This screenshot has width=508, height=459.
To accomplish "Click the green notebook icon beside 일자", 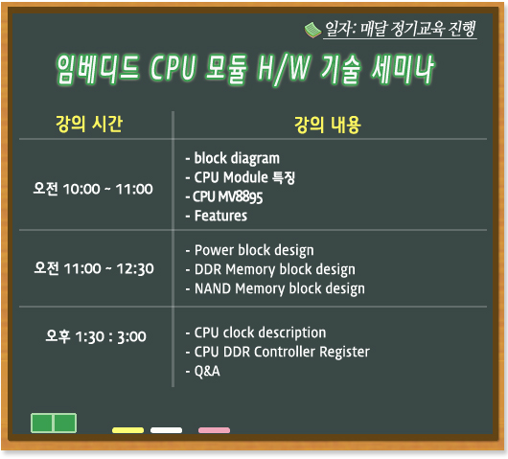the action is tap(313, 30).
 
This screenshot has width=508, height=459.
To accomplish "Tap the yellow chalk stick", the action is tap(127, 430).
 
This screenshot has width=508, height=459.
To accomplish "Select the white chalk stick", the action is tap(166, 430).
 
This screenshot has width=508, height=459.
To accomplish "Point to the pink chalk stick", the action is tap(214, 430).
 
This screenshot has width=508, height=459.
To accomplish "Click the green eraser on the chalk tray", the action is tap(54, 423).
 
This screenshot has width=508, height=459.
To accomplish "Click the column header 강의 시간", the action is tap(89, 124).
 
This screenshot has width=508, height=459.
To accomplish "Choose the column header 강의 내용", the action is tap(327, 125).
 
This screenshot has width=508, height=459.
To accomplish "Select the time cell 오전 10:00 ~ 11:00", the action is tap(93, 189).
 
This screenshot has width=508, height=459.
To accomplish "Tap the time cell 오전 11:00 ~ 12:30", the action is tap(94, 268).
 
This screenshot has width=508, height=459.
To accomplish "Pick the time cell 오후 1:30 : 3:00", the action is tap(96, 336).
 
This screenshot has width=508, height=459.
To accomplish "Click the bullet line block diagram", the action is tap(232, 159).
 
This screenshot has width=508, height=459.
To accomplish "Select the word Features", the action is tap(220, 216).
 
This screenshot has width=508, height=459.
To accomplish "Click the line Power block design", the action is tap(249, 251).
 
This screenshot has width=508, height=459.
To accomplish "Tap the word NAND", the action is tap(213, 288).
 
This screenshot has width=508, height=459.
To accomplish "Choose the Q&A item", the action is tap(203, 371).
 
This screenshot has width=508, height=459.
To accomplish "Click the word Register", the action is tap(344, 352).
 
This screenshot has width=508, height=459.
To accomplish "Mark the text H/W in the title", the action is tap(284, 69).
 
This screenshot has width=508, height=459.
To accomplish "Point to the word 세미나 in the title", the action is tap(403, 69).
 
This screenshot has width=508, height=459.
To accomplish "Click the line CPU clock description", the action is tap(256, 333).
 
